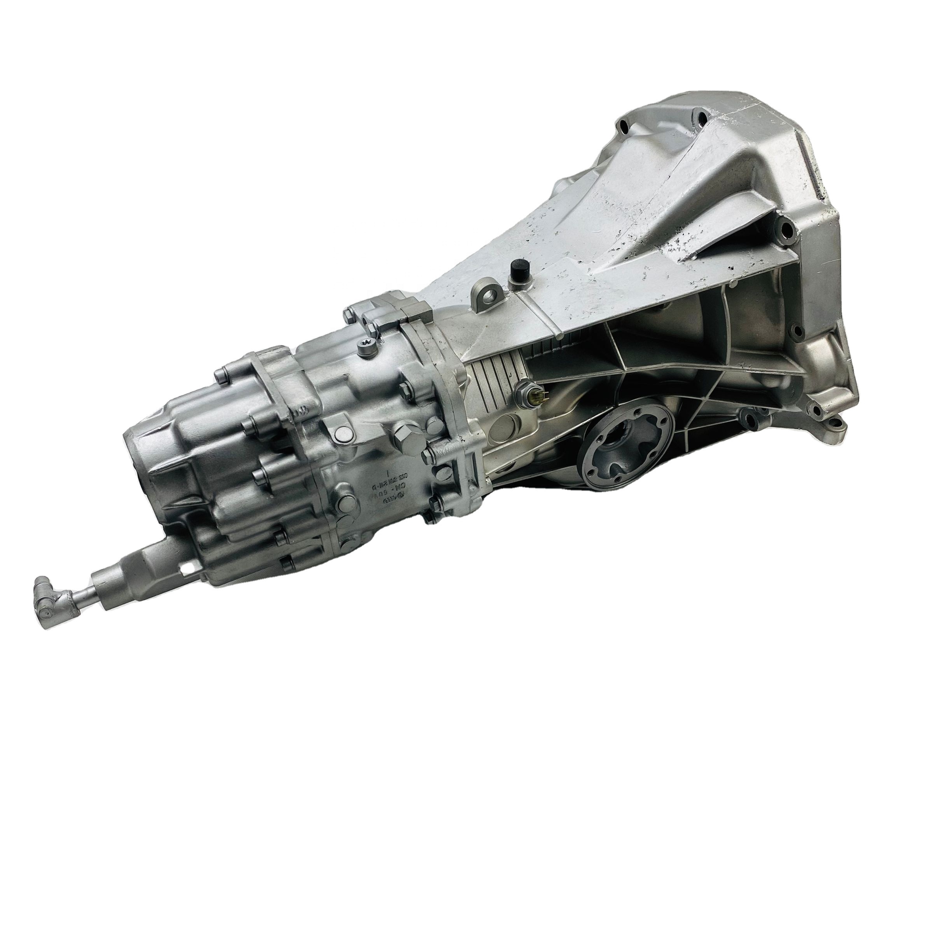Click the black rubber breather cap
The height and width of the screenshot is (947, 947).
coord(517,268)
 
